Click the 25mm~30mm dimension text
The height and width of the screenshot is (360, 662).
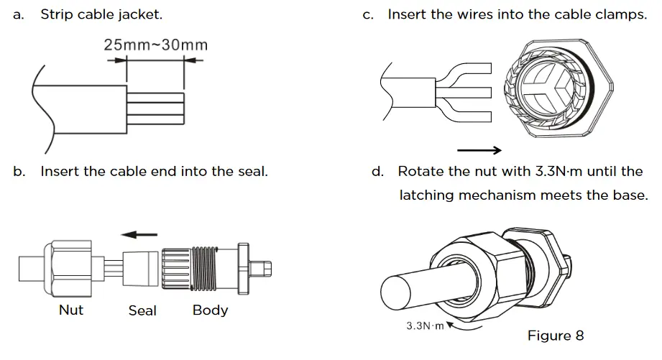tap(156, 45)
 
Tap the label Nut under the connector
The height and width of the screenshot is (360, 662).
tap(71, 310)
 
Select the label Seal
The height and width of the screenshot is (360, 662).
tap(142, 311)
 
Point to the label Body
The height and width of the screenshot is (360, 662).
tap(210, 310)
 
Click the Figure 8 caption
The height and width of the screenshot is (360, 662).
tap(556, 336)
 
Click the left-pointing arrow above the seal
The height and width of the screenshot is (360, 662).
tap(139, 234)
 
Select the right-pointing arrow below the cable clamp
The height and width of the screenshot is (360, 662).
tap(479, 150)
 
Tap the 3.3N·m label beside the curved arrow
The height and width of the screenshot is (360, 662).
tap(426, 326)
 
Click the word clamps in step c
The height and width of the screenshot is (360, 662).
tap(623, 14)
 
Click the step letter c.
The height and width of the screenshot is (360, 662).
tap(368, 14)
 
